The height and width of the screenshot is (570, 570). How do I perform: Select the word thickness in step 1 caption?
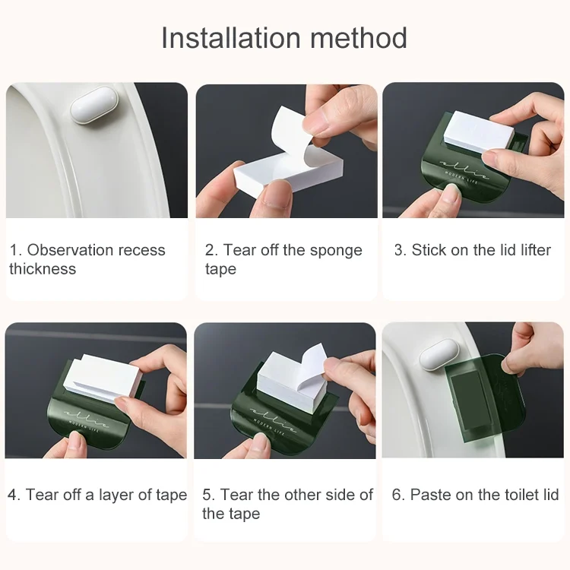(x=43, y=269)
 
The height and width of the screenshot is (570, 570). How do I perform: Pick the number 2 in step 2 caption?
(x=211, y=250)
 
